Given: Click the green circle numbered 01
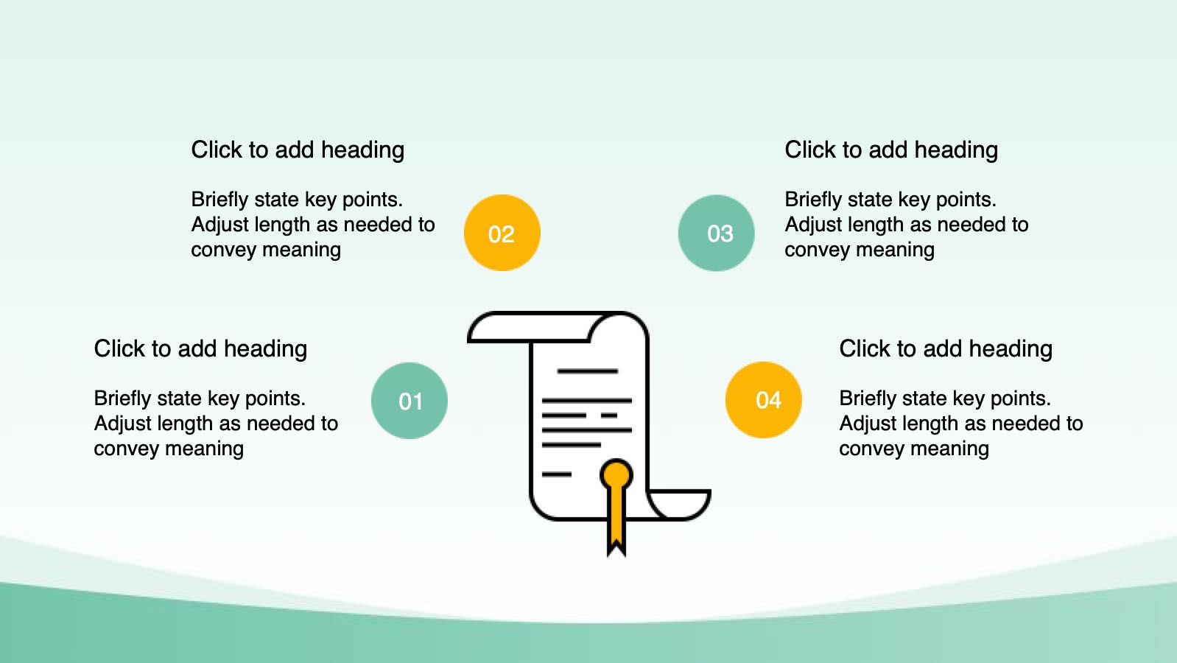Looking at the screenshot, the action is coord(410,401).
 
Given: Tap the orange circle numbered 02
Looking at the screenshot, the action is coord(502,233).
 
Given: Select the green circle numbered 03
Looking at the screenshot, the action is coord(716,233).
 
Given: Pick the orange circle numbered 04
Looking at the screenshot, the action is coord(764,400).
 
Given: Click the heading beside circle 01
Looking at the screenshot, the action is coord(200,349).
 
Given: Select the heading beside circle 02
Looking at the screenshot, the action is coord(298,150).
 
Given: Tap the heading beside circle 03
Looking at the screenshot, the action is coord(891,150).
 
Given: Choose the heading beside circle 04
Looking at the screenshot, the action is coord(946,349).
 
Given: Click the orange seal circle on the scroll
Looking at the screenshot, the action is coord(616,474).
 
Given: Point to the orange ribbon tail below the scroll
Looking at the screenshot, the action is coord(616,525).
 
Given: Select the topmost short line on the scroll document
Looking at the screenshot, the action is coord(588,371).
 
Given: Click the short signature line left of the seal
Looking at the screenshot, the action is coord(556,474).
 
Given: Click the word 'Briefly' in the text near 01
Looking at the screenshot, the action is coord(122,399).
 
